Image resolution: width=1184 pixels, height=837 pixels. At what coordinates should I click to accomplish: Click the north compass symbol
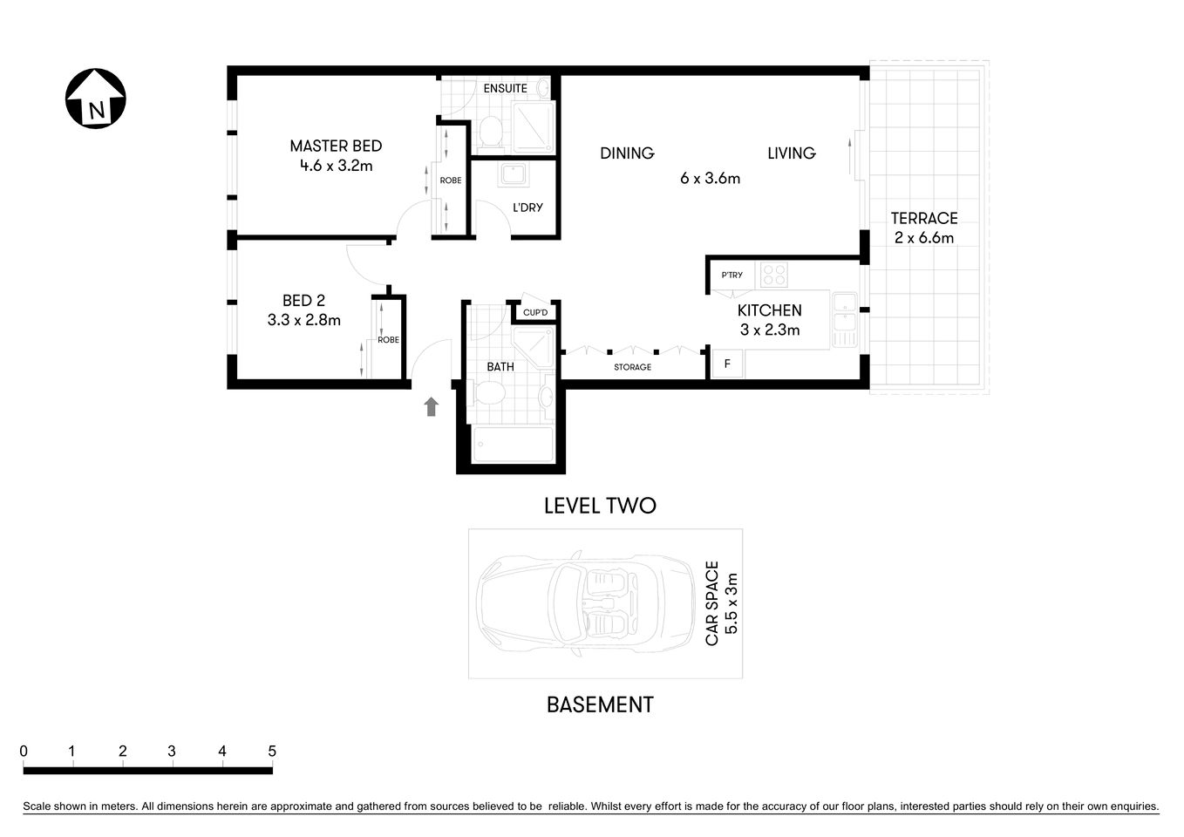pos(96,99)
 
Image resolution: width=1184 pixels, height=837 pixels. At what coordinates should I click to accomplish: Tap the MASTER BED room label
pos(336,146)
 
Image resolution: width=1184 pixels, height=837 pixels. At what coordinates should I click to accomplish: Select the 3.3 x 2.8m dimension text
pos(303,320)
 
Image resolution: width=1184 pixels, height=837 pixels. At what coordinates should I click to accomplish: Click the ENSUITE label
pos(505,88)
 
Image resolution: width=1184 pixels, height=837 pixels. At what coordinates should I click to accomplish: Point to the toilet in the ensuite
pos(491,132)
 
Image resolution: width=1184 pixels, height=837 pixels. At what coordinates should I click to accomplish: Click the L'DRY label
pos(527,208)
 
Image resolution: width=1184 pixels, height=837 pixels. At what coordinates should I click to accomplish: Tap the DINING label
pos(627,153)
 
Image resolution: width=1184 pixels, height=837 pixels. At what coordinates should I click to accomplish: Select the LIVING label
pos(791,153)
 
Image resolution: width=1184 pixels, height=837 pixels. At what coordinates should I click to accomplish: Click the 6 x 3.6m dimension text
pos(710,179)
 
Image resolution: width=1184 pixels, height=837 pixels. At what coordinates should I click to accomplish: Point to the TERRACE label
pos(923,218)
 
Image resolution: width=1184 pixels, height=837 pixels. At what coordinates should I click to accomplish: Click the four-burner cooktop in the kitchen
pos(773,275)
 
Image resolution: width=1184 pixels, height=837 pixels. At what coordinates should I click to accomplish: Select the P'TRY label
pos(731,276)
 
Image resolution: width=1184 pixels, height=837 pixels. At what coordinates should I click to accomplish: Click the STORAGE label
pos(632,367)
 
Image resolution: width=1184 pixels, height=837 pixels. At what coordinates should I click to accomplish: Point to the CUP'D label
pos(535,313)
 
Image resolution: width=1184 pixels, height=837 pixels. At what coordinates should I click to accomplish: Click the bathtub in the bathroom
pos(513,445)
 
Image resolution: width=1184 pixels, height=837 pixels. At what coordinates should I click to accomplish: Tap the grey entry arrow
pos(431,406)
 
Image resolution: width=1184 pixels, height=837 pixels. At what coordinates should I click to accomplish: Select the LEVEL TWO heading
pos(600,506)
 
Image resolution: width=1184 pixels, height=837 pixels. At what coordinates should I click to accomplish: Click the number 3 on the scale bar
pos(172,752)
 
